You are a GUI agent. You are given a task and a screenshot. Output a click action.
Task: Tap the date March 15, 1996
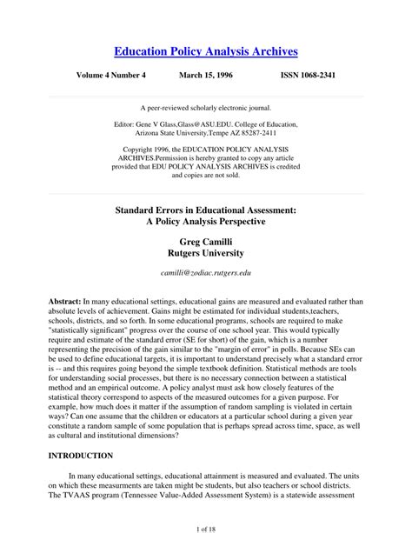click(x=207, y=76)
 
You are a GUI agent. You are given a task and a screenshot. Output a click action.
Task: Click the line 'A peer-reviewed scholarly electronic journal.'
click(x=206, y=107)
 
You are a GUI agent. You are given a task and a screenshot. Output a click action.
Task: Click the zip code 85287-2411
click(x=261, y=135)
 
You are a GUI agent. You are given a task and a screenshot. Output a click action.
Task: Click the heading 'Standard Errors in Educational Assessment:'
click(x=206, y=210)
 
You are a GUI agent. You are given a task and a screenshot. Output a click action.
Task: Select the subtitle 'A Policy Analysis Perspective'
click(x=206, y=223)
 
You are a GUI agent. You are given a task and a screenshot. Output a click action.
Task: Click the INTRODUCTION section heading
click(x=81, y=456)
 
